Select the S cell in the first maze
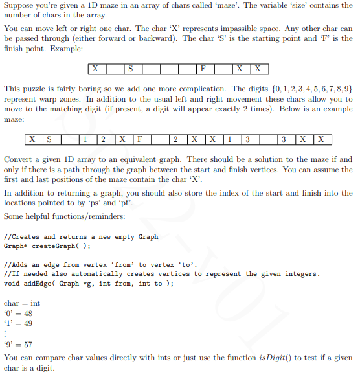pos(131,68)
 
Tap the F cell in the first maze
pos(203,68)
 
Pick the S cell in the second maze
pos(49,139)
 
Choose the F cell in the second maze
pos(140,139)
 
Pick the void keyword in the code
pos(11,283)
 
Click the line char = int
pos(22,303)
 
